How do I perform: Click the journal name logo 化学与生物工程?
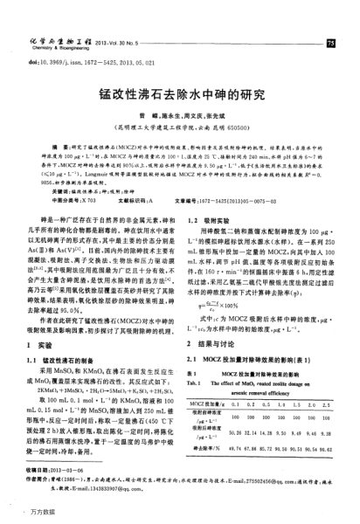click(57, 39)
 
